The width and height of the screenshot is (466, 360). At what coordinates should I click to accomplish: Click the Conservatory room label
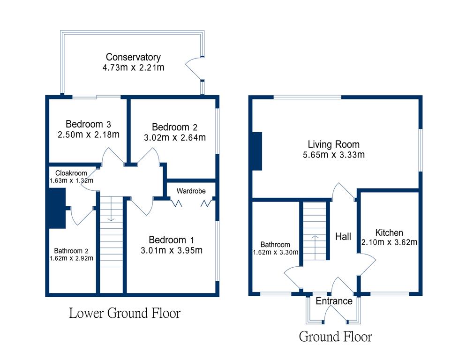click(x=133, y=57)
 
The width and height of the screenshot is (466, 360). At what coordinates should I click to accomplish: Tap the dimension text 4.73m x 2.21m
click(x=133, y=67)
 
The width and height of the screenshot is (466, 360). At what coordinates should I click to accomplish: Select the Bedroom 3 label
click(x=88, y=124)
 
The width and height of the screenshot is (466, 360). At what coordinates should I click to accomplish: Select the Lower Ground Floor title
click(x=125, y=313)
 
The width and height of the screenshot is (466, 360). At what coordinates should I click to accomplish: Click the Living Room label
click(x=334, y=144)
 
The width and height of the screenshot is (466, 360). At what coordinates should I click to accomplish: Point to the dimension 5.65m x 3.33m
click(x=334, y=154)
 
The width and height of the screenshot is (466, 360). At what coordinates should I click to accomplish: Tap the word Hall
click(x=343, y=237)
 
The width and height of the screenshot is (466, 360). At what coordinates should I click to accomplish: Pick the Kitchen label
click(x=389, y=232)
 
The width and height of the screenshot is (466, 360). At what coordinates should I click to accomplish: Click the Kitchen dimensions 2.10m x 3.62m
click(x=389, y=242)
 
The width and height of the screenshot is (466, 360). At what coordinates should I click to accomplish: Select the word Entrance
click(x=334, y=301)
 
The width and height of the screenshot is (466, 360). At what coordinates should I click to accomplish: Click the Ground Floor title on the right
click(x=336, y=336)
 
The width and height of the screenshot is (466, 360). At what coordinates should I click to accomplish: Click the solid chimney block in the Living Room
click(x=257, y=151)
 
